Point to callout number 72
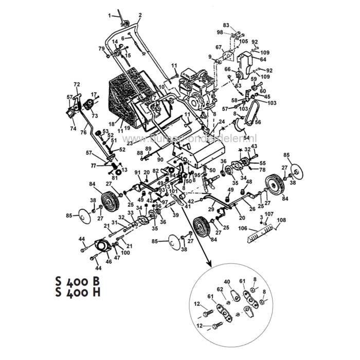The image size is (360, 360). pyautogui.click(x=77, y=84)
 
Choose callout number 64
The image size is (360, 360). pyautogui.click(x=263, y=60)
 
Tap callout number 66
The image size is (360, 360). pyautogui.click(x=227, y=69)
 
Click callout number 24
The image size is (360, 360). pyautogui.click(x=222, y=122)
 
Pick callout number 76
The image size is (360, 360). pyautogui.click(x=82, y=132)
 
